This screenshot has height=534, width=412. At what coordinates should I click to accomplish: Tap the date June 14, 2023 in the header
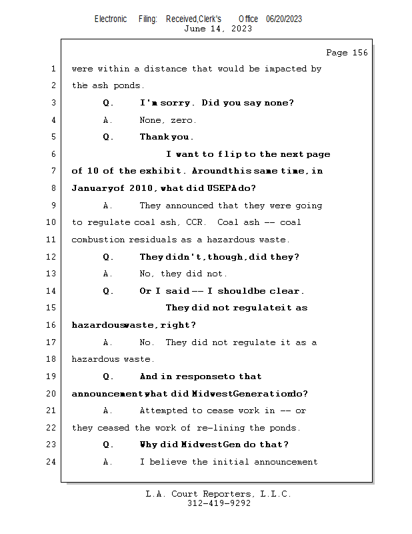[218, 29]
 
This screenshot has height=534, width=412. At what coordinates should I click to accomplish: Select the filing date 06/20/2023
[284, 19]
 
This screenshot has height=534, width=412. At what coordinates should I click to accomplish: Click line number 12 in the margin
[53, 257]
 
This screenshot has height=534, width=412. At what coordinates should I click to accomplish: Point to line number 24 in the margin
[53, 462]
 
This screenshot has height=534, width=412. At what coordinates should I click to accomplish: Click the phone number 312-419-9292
[219, 503]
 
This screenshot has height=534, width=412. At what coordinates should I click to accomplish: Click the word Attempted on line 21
[163, 411]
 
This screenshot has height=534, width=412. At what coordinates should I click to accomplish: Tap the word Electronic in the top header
[111, 19]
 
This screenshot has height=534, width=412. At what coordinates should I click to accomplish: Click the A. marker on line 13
[108, 274]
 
